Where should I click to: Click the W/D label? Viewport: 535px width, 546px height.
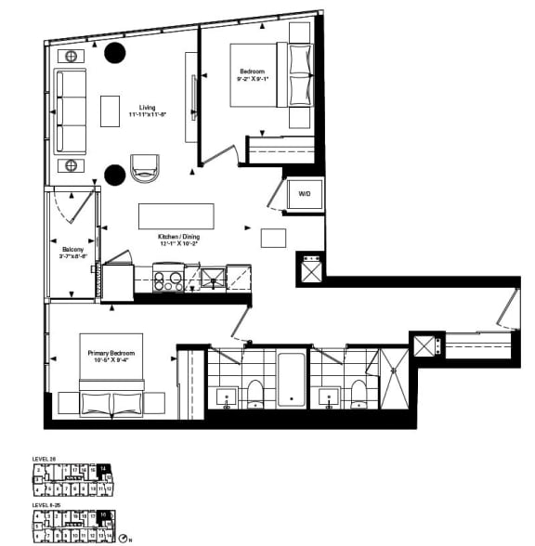(x=304, y=194)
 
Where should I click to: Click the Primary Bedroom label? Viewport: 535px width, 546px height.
(x=111, y=354)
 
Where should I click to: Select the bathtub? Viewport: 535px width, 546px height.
(x=292, y=378)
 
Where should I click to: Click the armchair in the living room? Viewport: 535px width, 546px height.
(x=145, y=168)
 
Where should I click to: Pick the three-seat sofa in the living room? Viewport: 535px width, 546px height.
(x=71, y=111)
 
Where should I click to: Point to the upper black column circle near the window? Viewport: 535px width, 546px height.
(x=115, y=54)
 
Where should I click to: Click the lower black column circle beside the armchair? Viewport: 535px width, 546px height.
(x=115, y=173)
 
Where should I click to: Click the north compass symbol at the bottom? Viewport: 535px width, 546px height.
(x=124, y=539)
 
